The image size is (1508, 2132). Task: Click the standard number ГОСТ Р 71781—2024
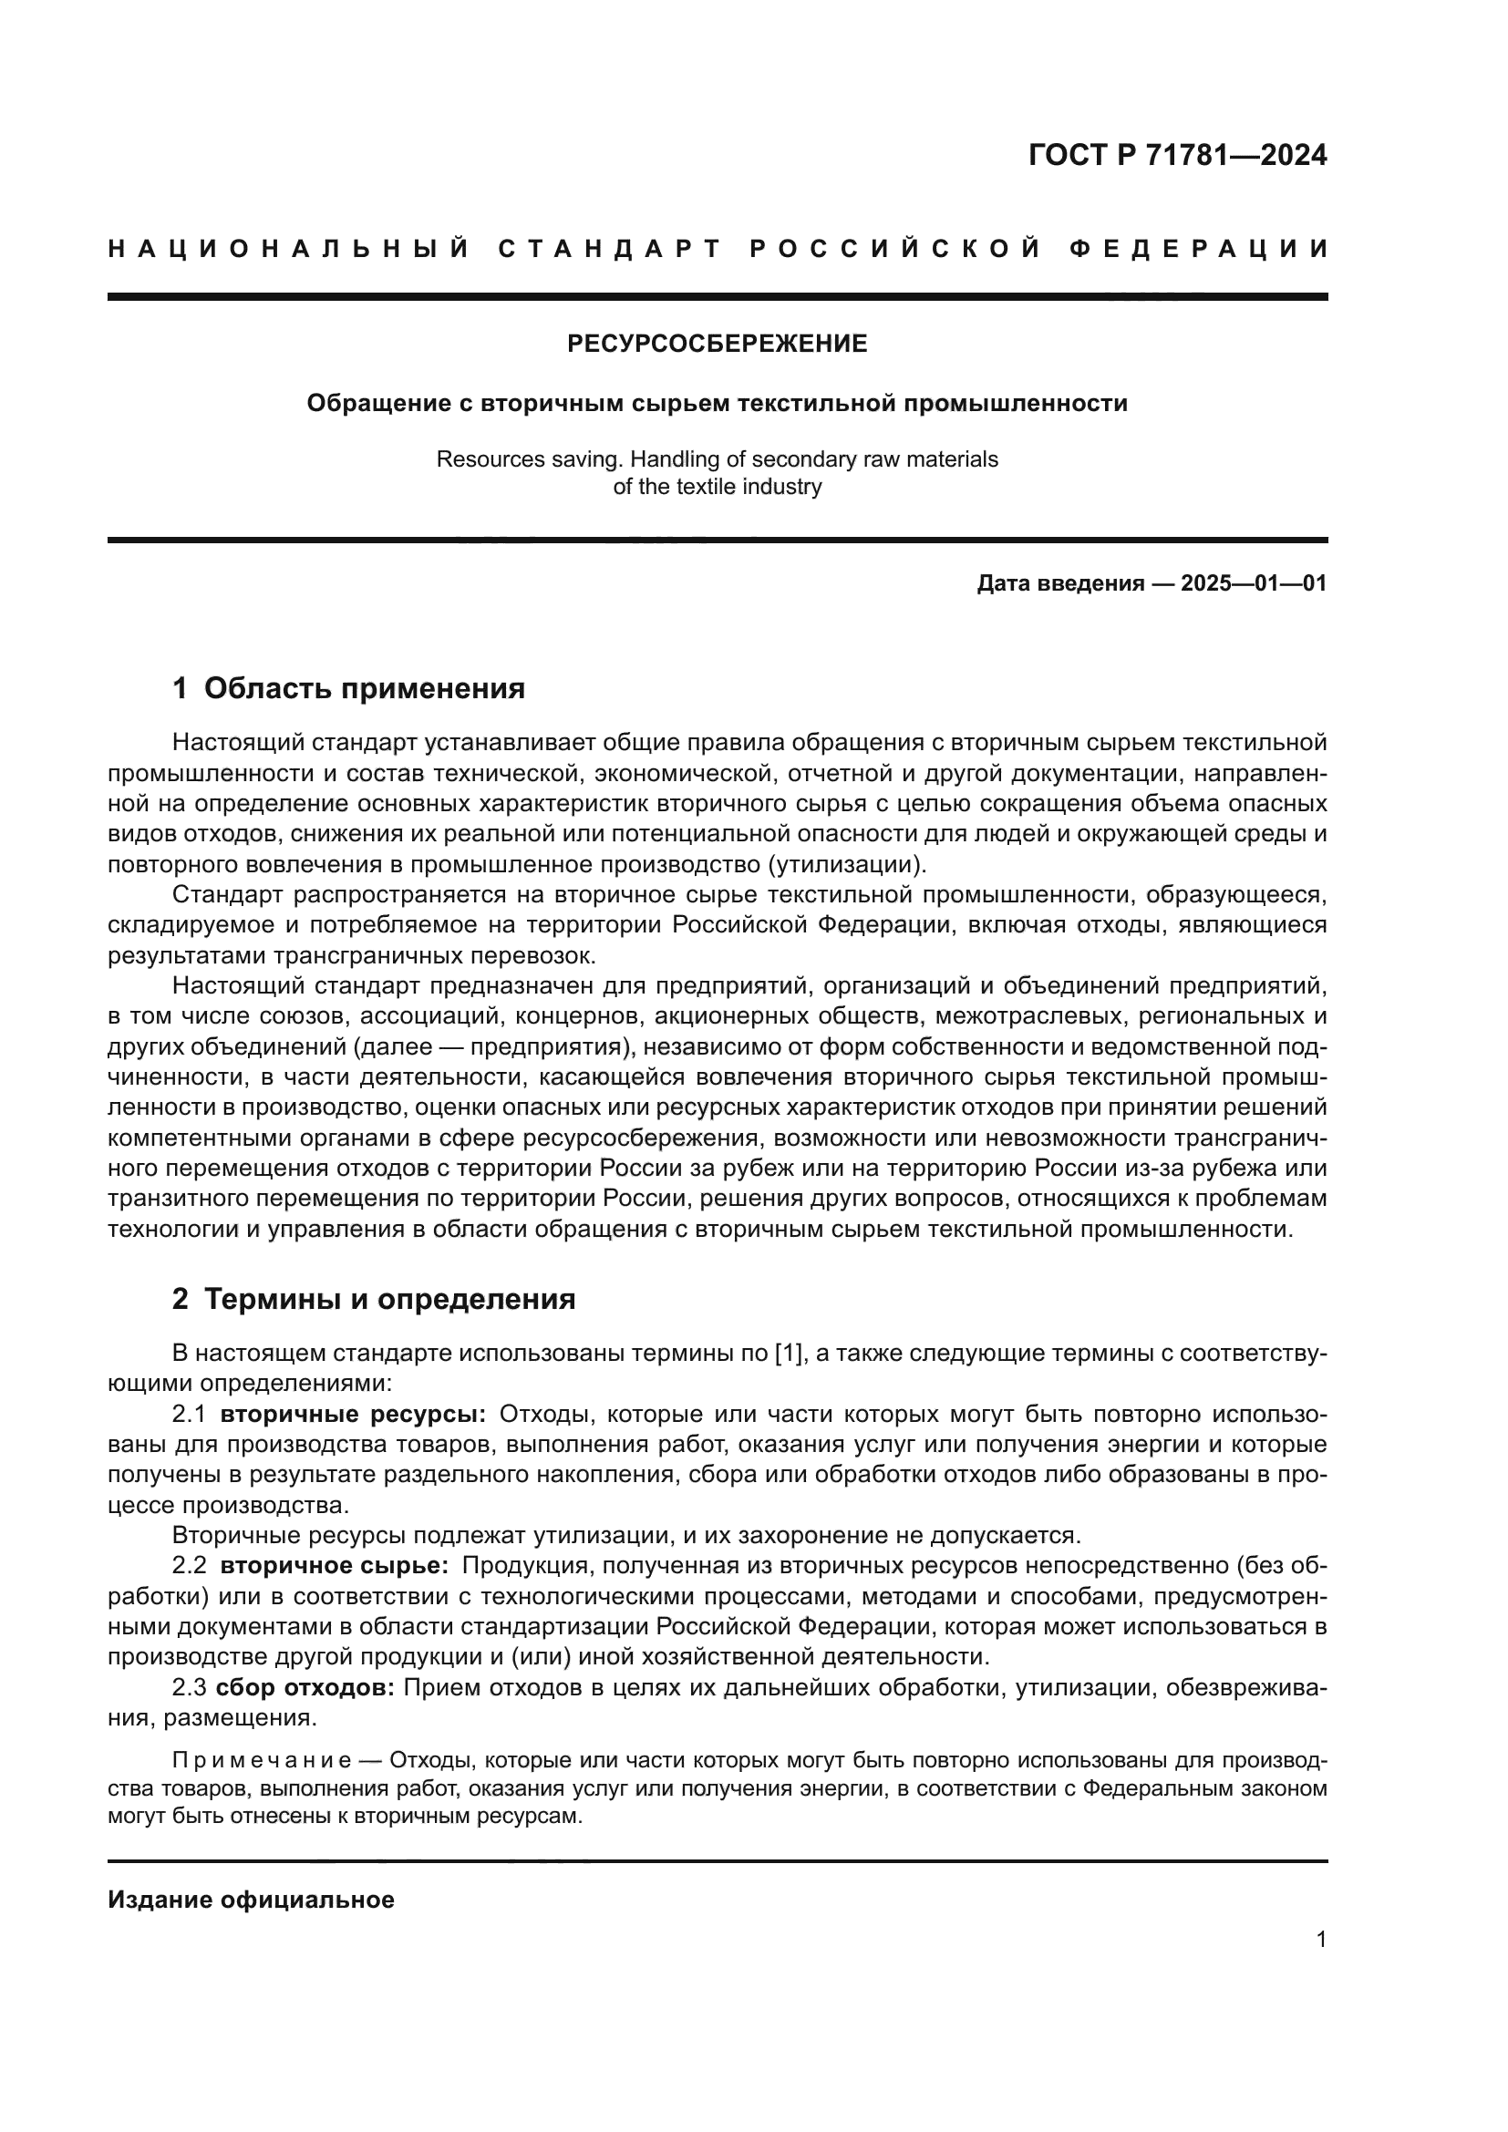(x=1176, y=155)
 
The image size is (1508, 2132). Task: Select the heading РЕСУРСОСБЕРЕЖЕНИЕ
(x=717, y=345)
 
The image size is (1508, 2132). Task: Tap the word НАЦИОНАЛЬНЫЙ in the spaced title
(x=289, y=249)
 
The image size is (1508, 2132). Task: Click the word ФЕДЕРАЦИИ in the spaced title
(x=1199, y=249)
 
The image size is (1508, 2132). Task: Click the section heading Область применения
(x=364, y=689)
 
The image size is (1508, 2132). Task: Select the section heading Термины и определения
(x=389, y=1300)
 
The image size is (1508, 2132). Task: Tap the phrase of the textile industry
(x=717, y=487)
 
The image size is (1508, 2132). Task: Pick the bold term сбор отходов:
(x=305, y=1687)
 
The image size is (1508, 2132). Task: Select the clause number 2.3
(x=190, y=1687)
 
